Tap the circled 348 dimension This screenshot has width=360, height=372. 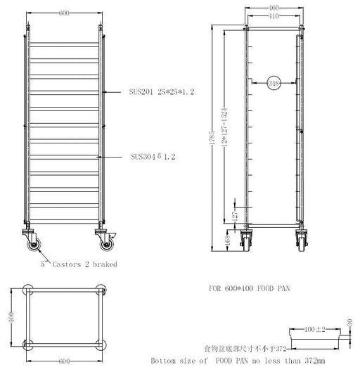click(274, 84)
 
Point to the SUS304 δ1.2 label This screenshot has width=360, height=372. click(152, 158)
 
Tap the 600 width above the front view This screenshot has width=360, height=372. click(64, 13)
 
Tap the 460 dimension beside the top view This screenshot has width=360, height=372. click(11, 316)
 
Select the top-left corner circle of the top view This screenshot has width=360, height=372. click(28, 290)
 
